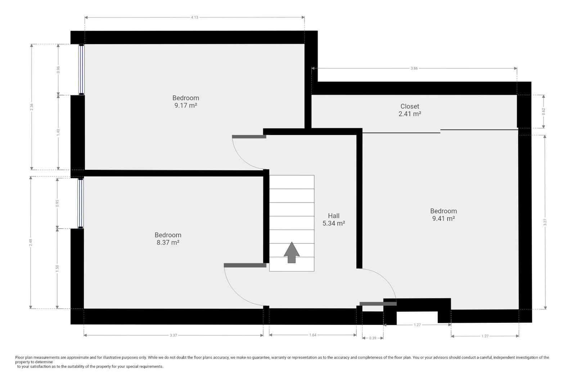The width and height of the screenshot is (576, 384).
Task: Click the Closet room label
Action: click(x=410, y=106)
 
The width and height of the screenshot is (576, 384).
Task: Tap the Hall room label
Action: click(x=333, y=216)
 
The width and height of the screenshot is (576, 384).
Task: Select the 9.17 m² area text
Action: click(x=186, y=105)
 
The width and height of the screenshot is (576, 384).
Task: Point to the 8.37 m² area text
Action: click(x=168, y=242)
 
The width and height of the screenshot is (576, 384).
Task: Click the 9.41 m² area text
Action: click(x=444, y=218)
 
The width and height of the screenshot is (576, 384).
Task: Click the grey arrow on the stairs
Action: click(x=292, y=252)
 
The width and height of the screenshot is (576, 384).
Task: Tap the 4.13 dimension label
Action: click(x=194, y=18)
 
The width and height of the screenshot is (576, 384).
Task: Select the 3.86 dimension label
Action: click(x=414, y=68)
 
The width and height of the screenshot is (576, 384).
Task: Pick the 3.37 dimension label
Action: click(x=173, y=335)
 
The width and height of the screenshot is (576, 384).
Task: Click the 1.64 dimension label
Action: click(x=313, y=335)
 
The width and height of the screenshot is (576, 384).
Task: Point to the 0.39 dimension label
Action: click(x=373, y=338)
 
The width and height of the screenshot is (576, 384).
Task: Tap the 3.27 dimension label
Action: click(x=545, y=222)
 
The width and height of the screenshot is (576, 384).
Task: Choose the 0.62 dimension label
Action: click(x=543, y=111)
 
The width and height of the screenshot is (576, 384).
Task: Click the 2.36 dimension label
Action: click(x=31, y=107)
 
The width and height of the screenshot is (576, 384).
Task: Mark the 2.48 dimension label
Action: click(x=31, y=242)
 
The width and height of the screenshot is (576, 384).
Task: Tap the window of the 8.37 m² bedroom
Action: click(x=81, y=203)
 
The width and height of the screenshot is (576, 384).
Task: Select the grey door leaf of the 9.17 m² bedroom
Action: click(x=249, y=137)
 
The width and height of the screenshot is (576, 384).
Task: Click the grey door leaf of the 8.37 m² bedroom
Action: click(x=245, y=265)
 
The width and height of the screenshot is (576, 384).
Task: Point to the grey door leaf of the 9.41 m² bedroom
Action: click(x=378, y=304)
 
